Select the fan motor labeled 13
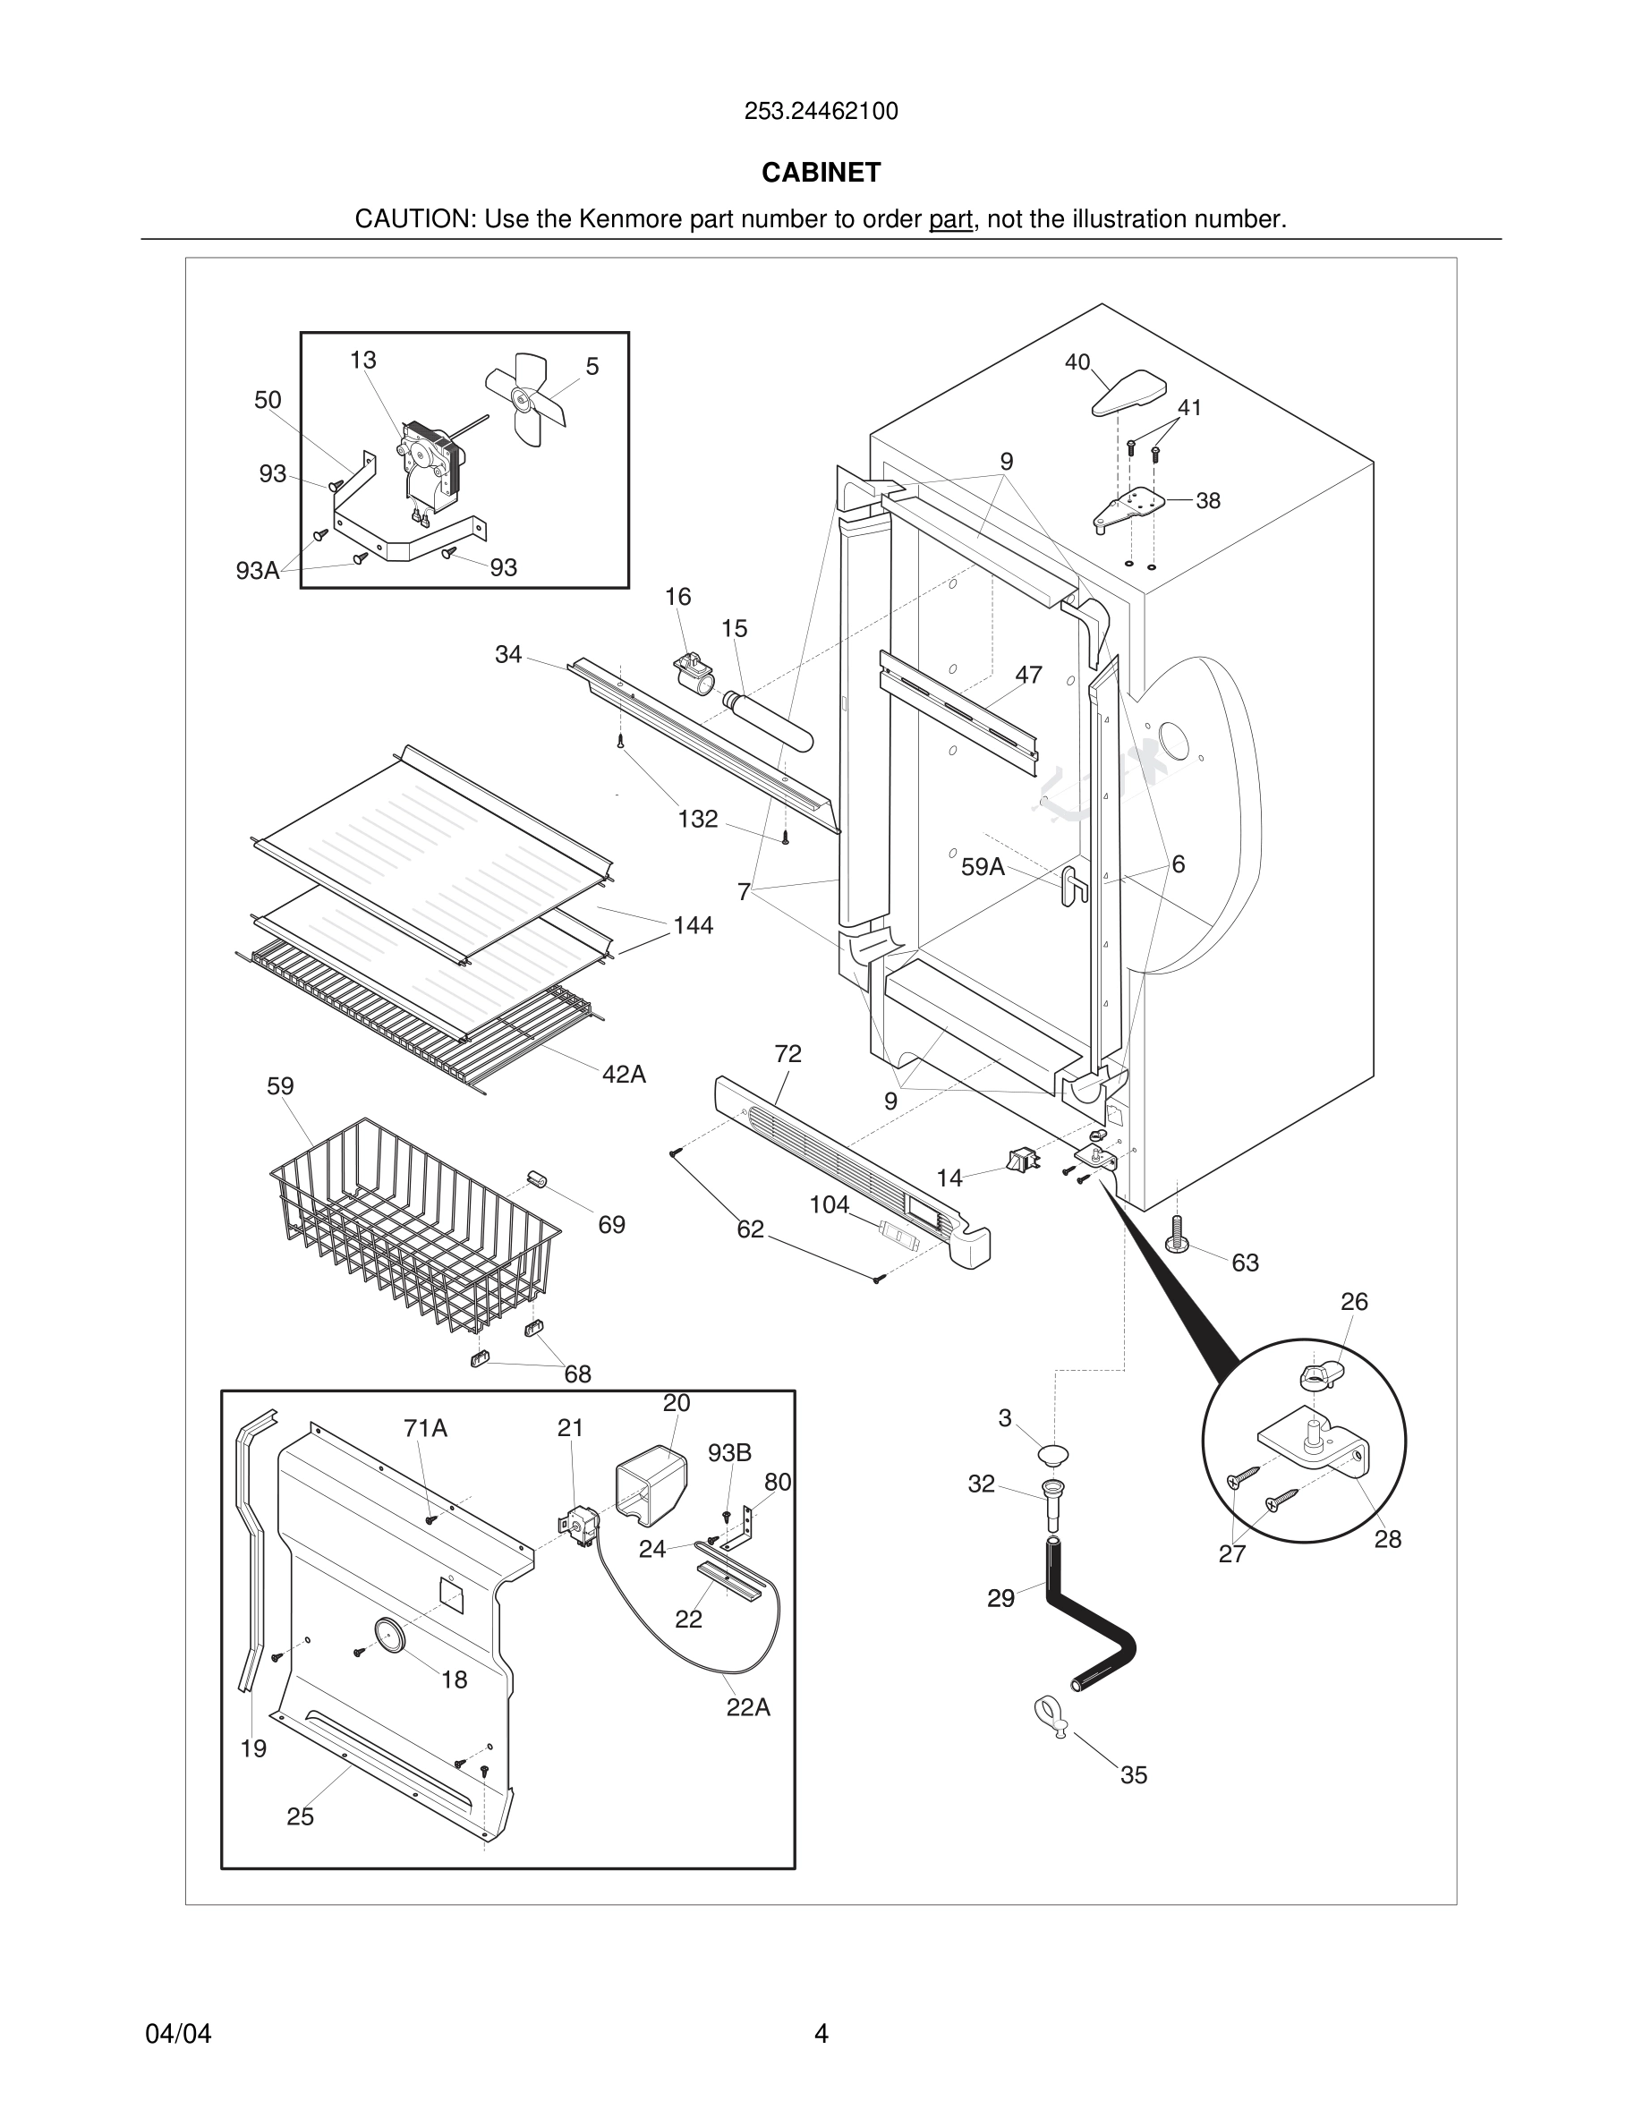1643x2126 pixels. tap(426, 467)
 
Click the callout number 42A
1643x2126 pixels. tap(624, 1075)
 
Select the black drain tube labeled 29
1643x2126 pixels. tap(1090, 1615)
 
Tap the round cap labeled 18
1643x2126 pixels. tap(389, 1636)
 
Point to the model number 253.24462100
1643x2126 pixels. tap(821, 112)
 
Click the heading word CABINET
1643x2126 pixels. tap(821, 173)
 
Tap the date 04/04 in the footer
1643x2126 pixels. tap(178, 2034)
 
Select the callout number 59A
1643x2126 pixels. tap(981, 866)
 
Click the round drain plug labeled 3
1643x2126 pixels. tap(1052, 1455)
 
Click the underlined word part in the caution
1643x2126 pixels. tap(950, 220)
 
